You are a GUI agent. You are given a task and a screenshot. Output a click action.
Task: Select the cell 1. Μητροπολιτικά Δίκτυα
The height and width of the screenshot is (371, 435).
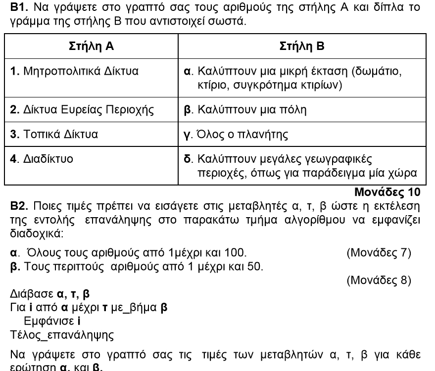point(74,71)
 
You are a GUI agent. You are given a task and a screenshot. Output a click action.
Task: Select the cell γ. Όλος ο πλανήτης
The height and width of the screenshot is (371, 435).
point(233,134)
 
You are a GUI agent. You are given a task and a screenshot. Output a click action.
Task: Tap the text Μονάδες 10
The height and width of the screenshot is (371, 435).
point(387,191)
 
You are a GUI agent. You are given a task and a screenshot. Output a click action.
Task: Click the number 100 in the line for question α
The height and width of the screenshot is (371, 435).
point(236,253)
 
